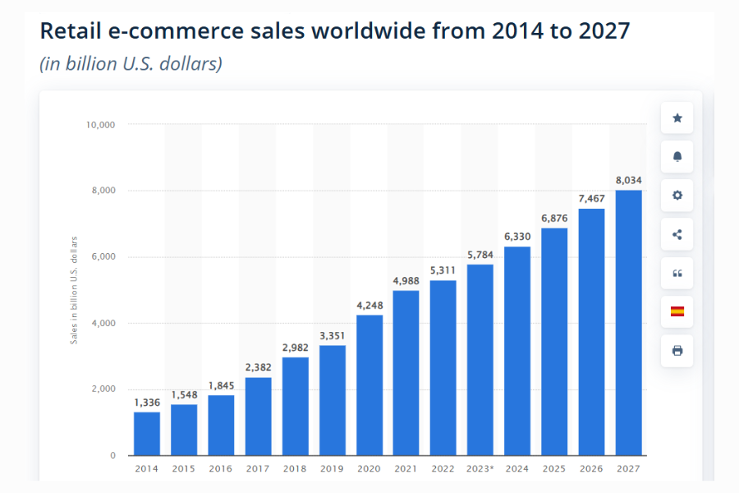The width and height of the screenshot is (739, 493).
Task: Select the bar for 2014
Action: point(147,433)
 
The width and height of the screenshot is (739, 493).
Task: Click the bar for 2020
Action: point(369,385)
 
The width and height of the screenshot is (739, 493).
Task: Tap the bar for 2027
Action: point(628,322)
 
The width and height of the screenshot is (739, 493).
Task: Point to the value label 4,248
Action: point(369,305)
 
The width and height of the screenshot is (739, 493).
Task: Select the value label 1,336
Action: point(147,401)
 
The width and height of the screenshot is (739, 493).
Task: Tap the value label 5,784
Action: point(480,254)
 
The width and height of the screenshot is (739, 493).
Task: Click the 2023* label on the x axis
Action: point(480,469)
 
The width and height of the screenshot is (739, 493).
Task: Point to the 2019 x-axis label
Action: point(332,469)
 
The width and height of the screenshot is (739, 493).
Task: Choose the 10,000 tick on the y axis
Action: point(100,125)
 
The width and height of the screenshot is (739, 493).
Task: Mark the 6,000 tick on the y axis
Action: point(103,257)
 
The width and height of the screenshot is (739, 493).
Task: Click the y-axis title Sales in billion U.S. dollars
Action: point(74,290)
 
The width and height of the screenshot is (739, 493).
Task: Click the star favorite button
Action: point(677,118)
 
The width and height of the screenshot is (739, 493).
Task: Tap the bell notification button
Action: point(677,157)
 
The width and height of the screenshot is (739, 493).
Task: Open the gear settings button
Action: point(677,196)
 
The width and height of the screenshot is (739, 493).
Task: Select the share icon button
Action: point(677,234)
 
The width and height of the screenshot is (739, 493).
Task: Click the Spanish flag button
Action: point(677,311)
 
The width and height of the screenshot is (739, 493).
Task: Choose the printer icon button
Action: point(677,350)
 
